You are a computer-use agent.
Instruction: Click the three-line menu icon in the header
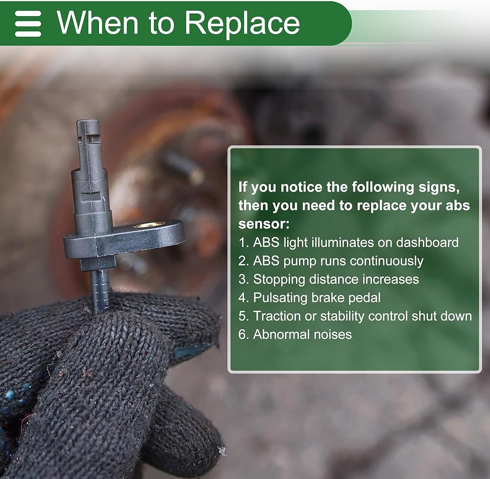point(28,24)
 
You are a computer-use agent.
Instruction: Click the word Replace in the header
point(242,23)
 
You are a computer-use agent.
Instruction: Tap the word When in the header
point(98,23)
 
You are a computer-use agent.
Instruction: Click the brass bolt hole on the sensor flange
point(149,225)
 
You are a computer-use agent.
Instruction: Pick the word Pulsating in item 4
point(280,298)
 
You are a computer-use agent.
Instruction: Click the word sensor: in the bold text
point(264,224)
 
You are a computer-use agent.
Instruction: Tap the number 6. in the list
point(244,334)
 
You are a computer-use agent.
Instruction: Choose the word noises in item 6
point(333,335)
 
